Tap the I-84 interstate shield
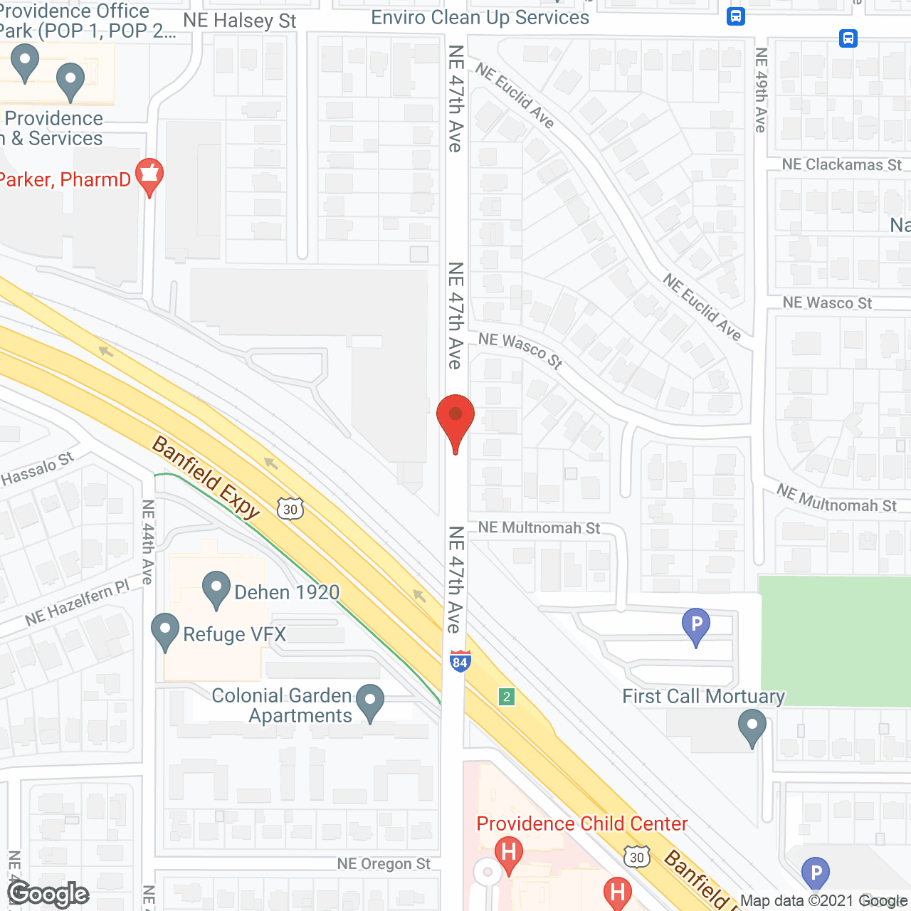click(460, 661)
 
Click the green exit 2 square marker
click(507, 697)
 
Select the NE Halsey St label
click(239, 21)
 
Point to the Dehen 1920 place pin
click(216, 591)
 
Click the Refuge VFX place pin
click(165, 632)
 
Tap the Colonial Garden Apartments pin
click(369, 703)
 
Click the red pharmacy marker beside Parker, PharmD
click(149, 177)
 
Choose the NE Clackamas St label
click(841, 164)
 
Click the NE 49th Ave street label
click(761, 90)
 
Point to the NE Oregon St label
click(384, 864)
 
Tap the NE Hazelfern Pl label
click(78, 603)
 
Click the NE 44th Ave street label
click(147, 542)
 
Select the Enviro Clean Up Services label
click(480, 18)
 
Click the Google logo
click(48, 893)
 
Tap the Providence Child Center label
click(581, 823)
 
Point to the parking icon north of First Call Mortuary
click(696, 626)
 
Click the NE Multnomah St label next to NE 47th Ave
click(539, 527)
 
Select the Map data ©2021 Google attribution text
click(824, 901)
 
